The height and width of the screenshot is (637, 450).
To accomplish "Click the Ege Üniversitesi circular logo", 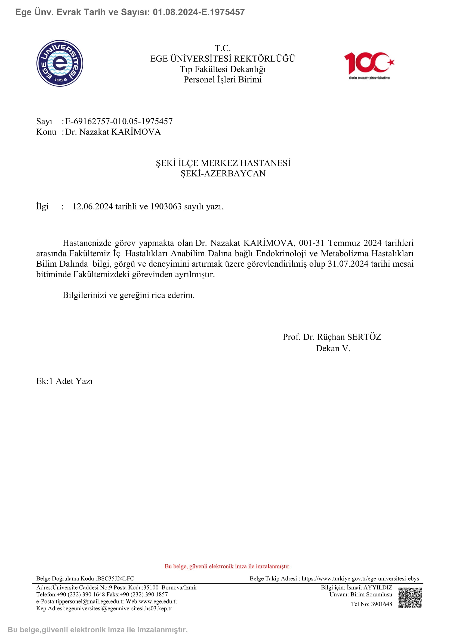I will pyautogui.click(x=60, y=63).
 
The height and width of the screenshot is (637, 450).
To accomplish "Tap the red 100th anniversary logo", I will pyautogui.click(x=369, y=65).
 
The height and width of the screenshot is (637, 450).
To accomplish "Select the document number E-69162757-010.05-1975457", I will pyautogui.click(x=119, y=121).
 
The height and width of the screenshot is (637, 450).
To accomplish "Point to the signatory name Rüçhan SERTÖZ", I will pyautogui.click(x=349, y=337).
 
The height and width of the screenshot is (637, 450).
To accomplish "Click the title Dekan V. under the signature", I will pyautogui.click(x=333, y=348).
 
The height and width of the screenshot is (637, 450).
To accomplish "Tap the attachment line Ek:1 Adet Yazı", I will pyautogui.click(x=64, y=381).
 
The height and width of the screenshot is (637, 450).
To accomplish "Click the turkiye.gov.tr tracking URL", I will pyautogui.click(x=360, y=578).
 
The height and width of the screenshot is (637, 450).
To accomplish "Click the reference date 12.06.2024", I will pyautogui.click(x=93, y=206).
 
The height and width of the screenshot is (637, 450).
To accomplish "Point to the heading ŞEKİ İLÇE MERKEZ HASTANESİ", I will pyautogui.click(x=223, y=163).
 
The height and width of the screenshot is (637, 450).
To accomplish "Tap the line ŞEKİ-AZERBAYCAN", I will pyautogui.click(x=223, y=173).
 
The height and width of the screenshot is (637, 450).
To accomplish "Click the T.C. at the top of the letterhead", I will pyautogui.click(x=223, y=48).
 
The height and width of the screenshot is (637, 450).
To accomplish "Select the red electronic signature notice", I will pyautogui.click(x=227, y=566).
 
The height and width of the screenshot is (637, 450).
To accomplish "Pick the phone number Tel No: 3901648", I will pyautogui.click(x=371, y=604).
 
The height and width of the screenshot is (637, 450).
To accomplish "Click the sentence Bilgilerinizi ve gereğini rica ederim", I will pyautogui.click(x=129, y=295).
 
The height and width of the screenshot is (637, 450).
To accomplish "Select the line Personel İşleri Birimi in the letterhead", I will pyautogui.click(x=223, y=80).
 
